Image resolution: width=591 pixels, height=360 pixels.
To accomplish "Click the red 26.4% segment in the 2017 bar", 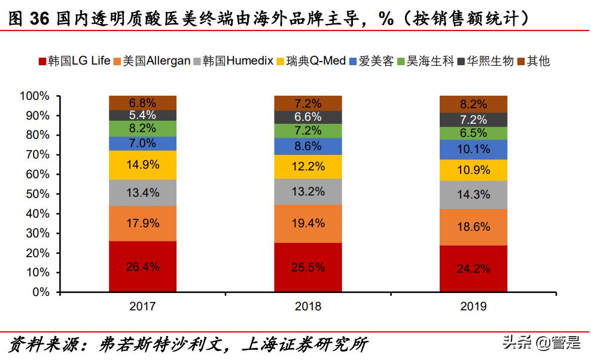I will click(142, 267).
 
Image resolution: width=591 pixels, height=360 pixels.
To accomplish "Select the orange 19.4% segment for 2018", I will click(308, 224).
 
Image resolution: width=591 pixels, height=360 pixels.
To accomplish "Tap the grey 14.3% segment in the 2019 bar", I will click(473, 194).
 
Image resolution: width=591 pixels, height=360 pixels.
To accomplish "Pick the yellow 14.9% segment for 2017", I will click(142, 165).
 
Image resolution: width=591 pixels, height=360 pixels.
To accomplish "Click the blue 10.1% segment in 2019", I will click(473, 150).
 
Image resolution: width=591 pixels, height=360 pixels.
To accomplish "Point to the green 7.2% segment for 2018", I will click(308, 131).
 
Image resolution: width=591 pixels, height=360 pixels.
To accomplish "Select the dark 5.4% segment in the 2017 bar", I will click(142, 115).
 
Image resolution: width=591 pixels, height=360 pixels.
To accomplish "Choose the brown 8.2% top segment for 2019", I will click(473, 104).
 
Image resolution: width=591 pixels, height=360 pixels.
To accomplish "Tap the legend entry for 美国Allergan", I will click(156, 61).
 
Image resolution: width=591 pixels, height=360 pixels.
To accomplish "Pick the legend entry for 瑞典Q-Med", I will click(316, 61).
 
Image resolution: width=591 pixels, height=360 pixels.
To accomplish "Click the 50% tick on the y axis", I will click(36, 194).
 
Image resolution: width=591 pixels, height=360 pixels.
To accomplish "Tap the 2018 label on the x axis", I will click(308, 307).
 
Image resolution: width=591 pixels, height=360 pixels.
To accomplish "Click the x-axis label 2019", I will click(473, 307).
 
